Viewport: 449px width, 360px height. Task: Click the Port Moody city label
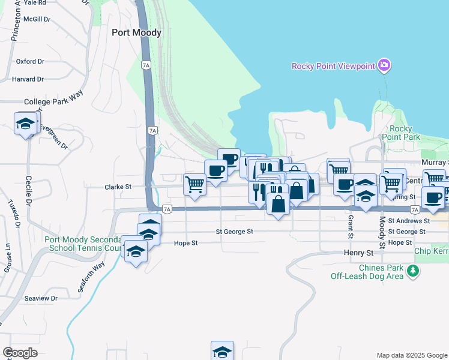(137, 32)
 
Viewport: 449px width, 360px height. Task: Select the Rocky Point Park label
(400, 133)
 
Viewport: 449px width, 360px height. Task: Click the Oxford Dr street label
(30, 61)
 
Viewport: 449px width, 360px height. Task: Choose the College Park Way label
(53, 102)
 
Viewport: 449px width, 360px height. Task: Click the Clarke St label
(118, 187)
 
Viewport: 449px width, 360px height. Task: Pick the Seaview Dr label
(41, 298)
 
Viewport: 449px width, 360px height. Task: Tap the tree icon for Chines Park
(412, 272)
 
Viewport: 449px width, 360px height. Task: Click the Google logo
(20, 353)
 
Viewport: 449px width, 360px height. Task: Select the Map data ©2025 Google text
(411, 355)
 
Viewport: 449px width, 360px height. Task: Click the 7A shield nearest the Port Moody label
(146, 65)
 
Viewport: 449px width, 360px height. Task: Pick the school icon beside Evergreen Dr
(25, 124)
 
